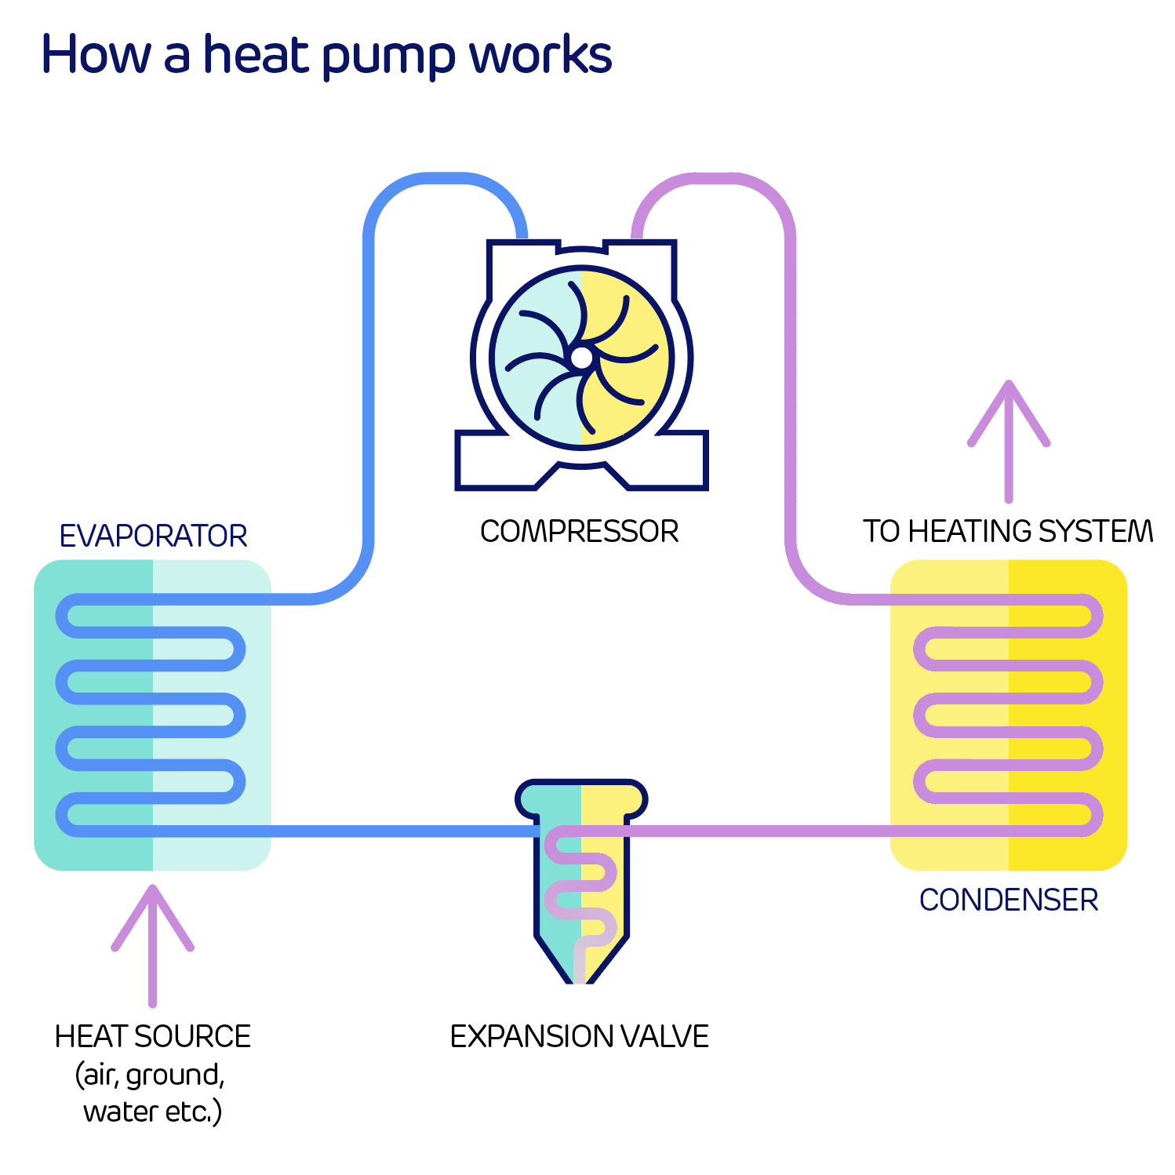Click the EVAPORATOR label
tap(153, 536)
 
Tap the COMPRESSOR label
tap(579, 531)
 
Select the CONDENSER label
tap(1008, 900)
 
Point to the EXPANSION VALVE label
tap(579, 1036)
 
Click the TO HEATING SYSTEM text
tap(1008, 531)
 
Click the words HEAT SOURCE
tap(153, 1036)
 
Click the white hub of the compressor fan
tap(581, 358)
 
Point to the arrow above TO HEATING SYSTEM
tap(1009, 439)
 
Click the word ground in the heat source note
tap(174, 1075)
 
